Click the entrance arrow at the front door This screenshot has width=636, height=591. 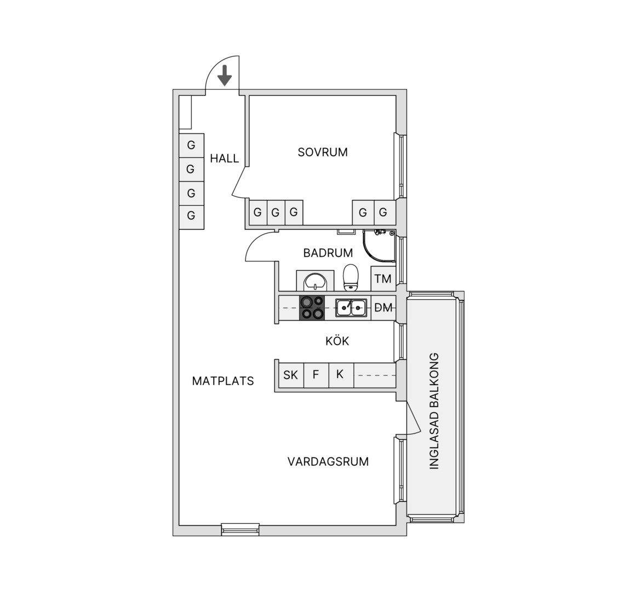click(224, 76)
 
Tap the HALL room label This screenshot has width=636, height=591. click(224, 158)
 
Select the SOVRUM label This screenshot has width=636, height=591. click(323, 152)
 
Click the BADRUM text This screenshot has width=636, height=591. click(328, 253)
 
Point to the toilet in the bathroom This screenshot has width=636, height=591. click(351, 278)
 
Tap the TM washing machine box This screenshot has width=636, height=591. click(383, 279)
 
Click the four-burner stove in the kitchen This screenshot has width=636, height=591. click(312, 308)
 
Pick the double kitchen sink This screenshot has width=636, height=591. click(351, 308)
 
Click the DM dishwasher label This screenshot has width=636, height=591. click(383, 308)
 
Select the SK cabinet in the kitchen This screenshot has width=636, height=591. click(291, 375)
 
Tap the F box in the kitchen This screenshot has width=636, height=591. click(316, 375)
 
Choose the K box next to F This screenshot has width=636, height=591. click(341, 375)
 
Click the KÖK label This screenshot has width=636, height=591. click(337, 341)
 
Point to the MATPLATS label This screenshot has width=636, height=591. click(223, 381)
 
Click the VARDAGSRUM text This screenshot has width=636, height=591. click(328, 461)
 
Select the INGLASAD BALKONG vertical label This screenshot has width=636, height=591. click(434, 411)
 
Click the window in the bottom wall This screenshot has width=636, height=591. click(240, 529)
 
